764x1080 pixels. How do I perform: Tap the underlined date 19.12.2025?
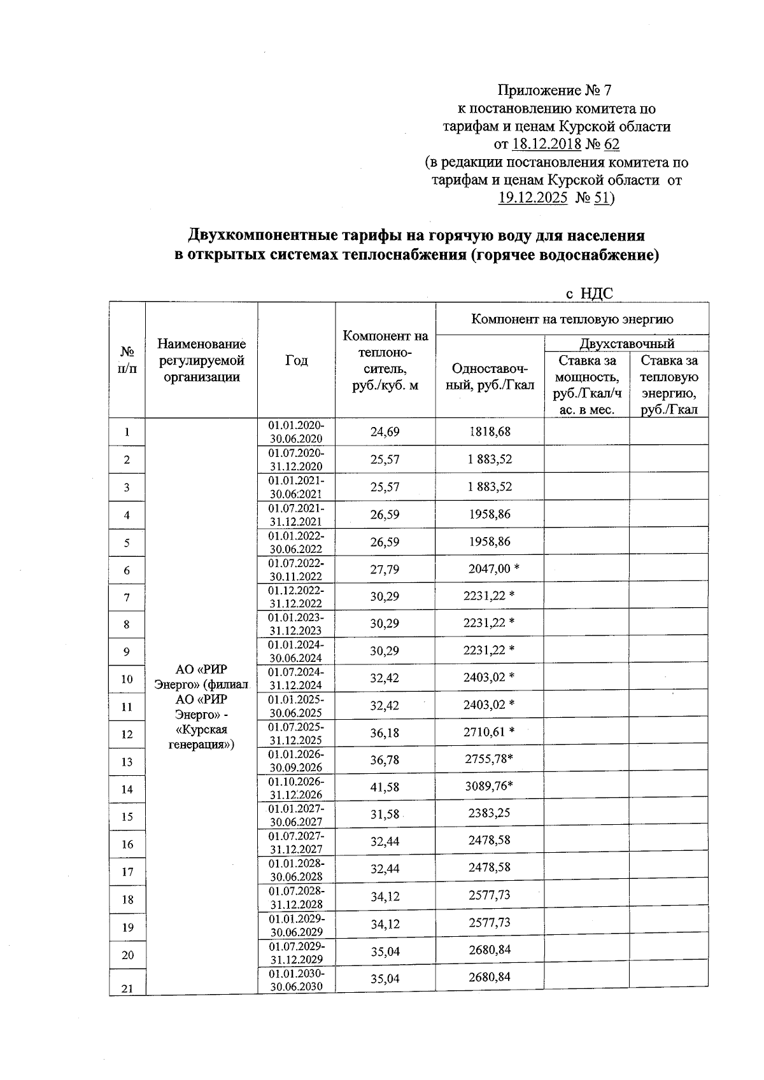point(532,198)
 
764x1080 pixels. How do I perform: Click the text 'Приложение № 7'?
point(555,91)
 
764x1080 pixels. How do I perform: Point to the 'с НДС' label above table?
point(589,293)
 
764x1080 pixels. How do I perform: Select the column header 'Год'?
point(296,361)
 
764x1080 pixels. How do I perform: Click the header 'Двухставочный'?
point(626,344)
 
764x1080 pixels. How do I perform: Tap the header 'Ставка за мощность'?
point(586,384)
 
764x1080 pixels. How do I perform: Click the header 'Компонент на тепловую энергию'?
point(572,319)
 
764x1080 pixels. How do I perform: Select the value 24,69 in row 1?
point(385,432)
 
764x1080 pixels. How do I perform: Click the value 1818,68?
point(490,432)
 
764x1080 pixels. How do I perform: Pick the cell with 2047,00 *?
point(493,569)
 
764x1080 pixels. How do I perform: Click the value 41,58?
point(385,787)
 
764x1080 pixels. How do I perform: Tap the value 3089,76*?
point(489,786)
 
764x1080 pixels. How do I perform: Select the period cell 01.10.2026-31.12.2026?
point(296,788)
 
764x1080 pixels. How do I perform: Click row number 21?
point(127,988)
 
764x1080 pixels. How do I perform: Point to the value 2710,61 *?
point(488,732)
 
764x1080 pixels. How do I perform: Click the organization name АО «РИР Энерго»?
point(201,706)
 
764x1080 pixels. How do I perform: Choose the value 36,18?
point(385,733)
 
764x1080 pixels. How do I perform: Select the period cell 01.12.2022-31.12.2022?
point(296,597)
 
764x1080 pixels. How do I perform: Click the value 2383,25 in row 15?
point(489,813)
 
